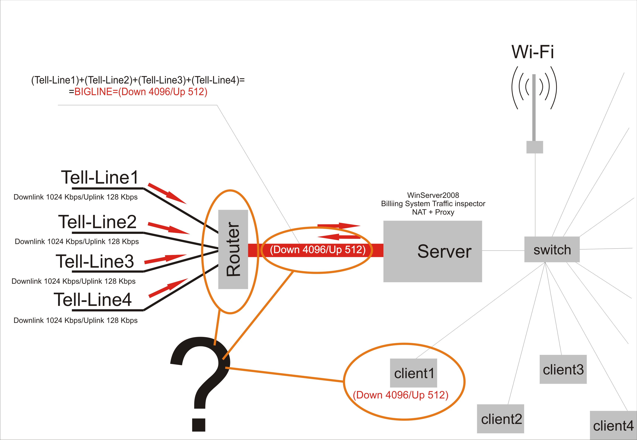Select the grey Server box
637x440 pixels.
[x=433, y=251]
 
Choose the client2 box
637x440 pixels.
[x=500, y=419]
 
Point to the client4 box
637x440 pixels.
[x=613, y=426]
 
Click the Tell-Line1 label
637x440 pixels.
[x=100, y=177]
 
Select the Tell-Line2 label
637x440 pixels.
[x=97, y=222]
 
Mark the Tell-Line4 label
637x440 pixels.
[x=93, y=300]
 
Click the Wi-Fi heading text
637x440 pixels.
[x=532, y=52]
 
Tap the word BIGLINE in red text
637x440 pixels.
[x=93, y=92]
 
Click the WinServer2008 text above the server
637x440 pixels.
[x=433, y=195]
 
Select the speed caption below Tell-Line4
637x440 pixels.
[x=76, y=320]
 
